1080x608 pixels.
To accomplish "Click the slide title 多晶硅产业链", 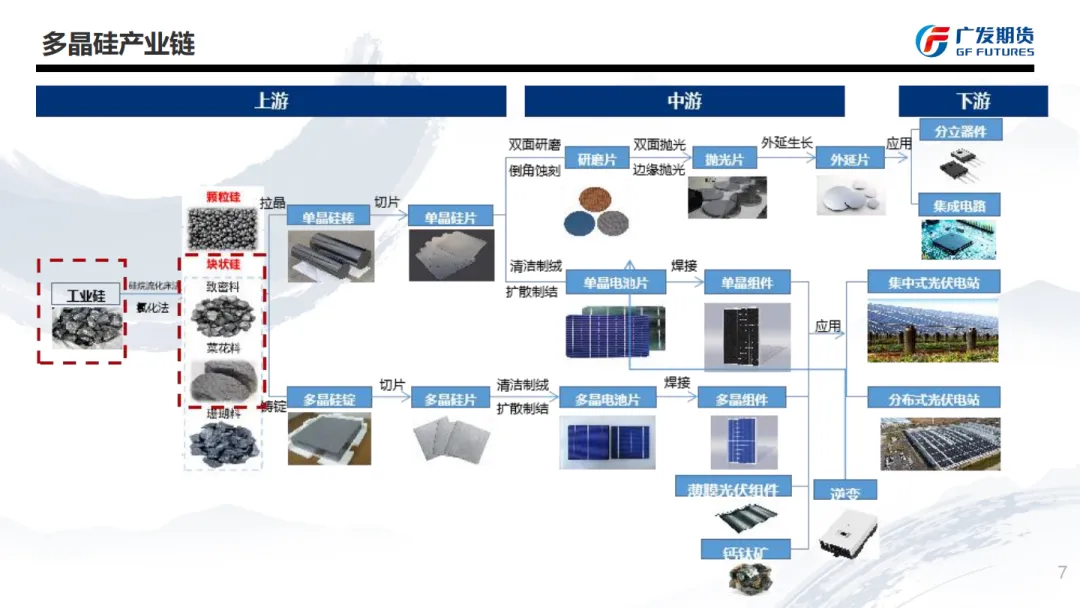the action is pos(118,43).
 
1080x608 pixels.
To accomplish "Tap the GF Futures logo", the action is pos(974,41).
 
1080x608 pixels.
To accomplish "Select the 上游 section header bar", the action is pos(271,101).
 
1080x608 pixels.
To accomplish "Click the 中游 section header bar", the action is pos(684,101).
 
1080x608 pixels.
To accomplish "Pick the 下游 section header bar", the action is pos(973,101).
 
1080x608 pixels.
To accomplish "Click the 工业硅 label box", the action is pos(85,295).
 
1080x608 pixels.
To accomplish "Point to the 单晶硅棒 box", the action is pos(329,217).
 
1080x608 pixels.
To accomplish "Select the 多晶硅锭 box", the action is pos(329,398).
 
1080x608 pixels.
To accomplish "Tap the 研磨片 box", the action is pos(597,159).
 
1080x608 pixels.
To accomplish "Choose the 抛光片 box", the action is pos(724,159).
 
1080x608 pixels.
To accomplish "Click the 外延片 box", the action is pos(850,159).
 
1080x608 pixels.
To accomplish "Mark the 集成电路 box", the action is pos(959,206).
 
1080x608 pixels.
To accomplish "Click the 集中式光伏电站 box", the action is pos(934,282).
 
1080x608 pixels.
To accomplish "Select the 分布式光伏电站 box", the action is pos(934,399).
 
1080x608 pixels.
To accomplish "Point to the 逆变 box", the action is pos(845,492).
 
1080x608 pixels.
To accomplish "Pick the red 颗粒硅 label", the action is pos(223,196).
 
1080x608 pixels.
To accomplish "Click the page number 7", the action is pos(1062,572).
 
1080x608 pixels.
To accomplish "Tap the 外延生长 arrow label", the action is pos(787,142).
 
